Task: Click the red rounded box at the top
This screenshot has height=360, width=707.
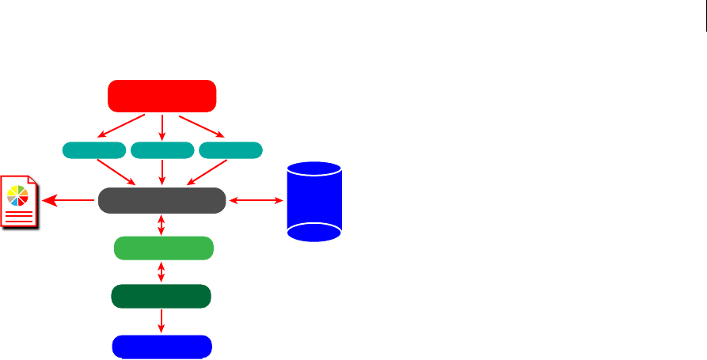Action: point(162,96)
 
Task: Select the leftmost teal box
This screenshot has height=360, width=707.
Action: point(93,150)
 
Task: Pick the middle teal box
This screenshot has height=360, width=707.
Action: point(162,150)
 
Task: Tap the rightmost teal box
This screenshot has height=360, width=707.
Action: point(231,150)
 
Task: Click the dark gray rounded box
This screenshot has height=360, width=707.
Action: point(162,201)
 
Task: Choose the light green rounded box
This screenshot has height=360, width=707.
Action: point(163,248)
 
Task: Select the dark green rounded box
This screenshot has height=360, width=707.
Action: point(162,297)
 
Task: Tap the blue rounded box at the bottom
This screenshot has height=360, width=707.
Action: point(162,347)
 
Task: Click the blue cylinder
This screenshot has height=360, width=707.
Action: point(314,201)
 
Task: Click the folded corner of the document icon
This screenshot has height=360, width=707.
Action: point(36,183)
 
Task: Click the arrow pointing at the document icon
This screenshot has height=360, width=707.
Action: point(69,201)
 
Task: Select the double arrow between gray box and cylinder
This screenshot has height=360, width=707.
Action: point(256,201)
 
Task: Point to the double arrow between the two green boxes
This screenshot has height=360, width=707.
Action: point(162,272)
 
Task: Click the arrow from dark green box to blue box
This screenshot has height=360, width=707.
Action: point(162,320)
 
